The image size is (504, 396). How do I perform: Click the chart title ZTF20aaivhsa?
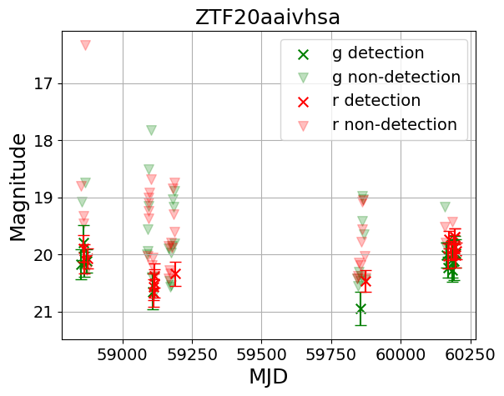pyautogui.click(x=268, y=17)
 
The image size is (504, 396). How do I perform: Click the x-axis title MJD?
pyautogui.click(x=268, y=376)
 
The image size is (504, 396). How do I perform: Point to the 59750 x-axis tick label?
pyautogui.click(x=331, y=352)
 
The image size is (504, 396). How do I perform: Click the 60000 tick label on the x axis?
pyautogui.click(x=401, y=352)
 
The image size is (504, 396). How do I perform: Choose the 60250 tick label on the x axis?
pyautogui.click(x=470, y=352)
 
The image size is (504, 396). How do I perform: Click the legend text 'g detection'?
pyautogui.click(x=378, y=53)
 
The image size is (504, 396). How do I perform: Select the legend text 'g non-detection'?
pyautogui.click(x=396, y=77)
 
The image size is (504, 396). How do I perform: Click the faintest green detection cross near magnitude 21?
pyautogui.click(x=360, y=308)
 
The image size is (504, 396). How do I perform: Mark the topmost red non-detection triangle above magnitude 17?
pyautogui.click(x=85, y=45)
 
